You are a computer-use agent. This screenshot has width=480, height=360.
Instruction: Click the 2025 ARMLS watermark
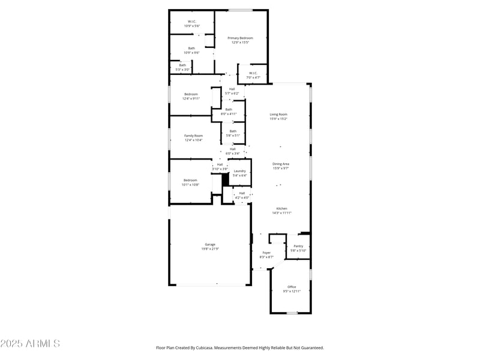click(x=30, y=344)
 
